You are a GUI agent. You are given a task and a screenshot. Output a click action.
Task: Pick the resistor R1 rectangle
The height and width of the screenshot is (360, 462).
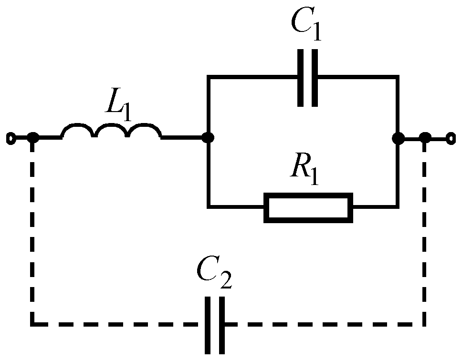(x=309, y=208)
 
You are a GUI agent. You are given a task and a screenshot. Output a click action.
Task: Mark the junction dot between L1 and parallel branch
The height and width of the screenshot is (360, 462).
(x=208, y=138)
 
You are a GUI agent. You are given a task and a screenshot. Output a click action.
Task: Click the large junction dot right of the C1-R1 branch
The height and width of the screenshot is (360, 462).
(x=398, y=138)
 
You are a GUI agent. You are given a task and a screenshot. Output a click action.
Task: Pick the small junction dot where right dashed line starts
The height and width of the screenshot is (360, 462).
(x=425, y=139)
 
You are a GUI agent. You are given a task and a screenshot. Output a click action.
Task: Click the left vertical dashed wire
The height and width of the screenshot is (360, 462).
(x=32, y=229)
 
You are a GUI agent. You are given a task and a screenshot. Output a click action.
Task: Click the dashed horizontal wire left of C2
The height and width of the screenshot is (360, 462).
(x=119, y=325)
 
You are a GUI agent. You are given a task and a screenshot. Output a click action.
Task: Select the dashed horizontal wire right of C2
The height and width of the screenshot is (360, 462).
(x=325, y=325)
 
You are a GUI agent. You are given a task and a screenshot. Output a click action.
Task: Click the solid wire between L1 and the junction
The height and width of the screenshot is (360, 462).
(x=184, y=138)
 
